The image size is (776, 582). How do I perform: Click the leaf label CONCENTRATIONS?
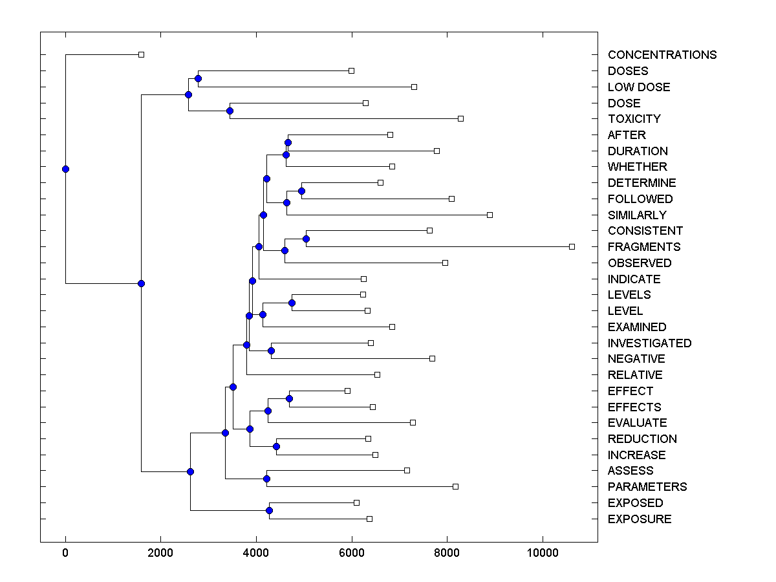pos(662,55)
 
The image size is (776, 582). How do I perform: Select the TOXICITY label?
pos(634,119)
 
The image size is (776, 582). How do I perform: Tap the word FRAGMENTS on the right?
pos(643,247)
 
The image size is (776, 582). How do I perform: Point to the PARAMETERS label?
pos(647,487)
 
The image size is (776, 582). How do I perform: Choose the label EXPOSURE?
pos(639,519)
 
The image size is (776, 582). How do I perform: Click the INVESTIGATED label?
pos(649,343)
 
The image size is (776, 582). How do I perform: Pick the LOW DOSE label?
pos(638,87)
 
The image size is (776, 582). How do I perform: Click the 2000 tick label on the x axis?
pos(160,552)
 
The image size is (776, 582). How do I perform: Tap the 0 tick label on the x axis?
pos(65,552)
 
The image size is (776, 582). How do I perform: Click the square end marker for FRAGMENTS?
pos(572,246)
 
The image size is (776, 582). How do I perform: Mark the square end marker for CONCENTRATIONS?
pos(142,54)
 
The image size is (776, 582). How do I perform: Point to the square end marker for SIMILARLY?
pos(490,215)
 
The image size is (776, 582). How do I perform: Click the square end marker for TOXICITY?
pos(460,118)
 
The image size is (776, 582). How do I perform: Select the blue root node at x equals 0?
pos(65,169)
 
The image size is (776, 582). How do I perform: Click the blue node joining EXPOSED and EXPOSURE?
pos(269,510)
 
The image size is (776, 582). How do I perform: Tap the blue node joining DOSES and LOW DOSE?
pos(198,78)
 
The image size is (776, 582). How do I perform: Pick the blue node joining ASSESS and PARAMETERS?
pos(266,479)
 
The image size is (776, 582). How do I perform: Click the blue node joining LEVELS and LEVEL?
pos(292,303)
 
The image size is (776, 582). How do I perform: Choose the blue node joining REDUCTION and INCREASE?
pos(276,446)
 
